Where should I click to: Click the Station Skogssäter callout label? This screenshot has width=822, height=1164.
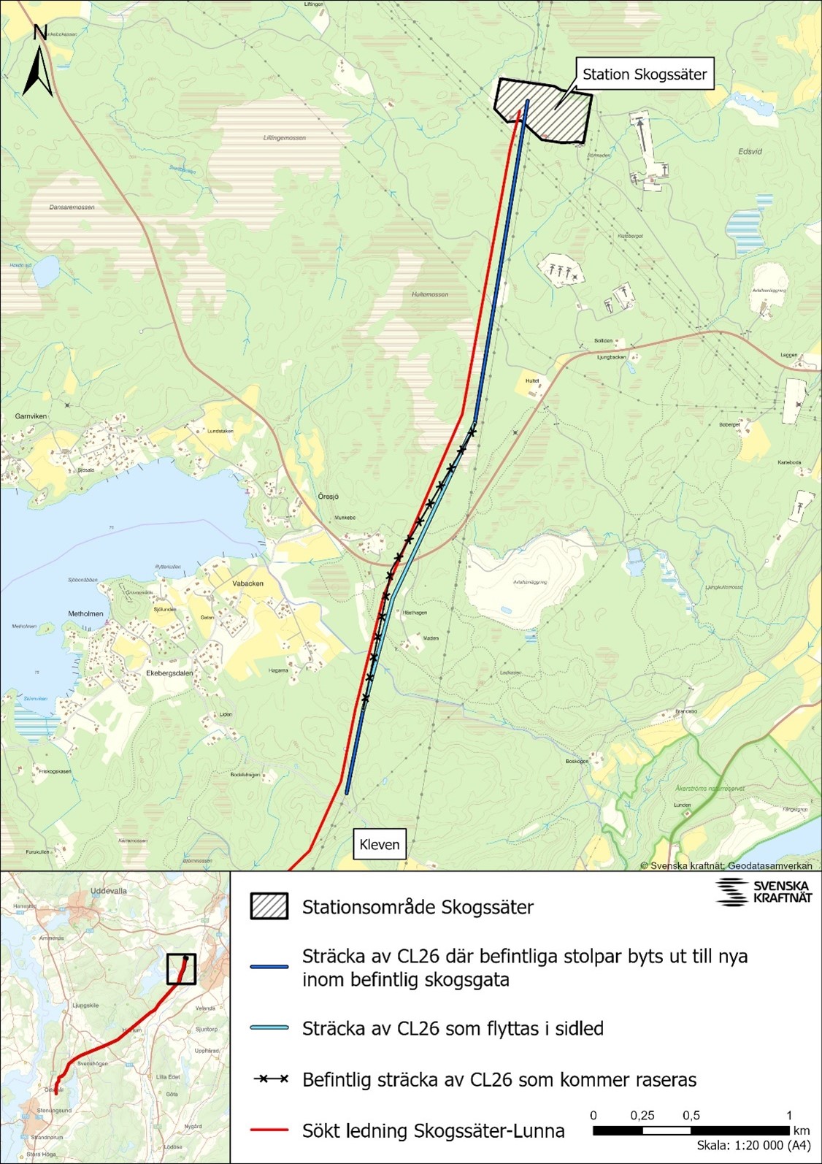pyautogui.click(x=645, y=74)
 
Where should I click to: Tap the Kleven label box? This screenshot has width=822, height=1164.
pyautogui.click(x=380, y=844)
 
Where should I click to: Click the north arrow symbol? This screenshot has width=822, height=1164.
pyautogui.click(x=39, y=64)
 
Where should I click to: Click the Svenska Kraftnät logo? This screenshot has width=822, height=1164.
pyautogui.click(x=763, y=892)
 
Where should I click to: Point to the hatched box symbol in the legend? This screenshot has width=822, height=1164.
pyautogui.click(x=269, y=906)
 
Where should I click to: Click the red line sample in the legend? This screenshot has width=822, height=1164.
pyautogui.click(x=269, y=1130)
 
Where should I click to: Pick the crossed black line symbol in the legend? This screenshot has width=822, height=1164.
pyautogui.click(x=269, y=1079)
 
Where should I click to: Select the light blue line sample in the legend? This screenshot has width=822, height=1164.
pyautogui.click(x=269, y=1028)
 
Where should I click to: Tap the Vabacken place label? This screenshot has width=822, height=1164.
pyautogui.click(x=247, y=583)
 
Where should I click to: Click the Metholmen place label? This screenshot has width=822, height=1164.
pyautogui.click(x=86, y=614)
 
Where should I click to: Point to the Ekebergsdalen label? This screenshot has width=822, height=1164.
pyautogui.click(x=169, y=673)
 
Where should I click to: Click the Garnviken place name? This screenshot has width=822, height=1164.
pyautogui.click(x=31, y=416)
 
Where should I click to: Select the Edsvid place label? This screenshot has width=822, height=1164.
pyautogui.click(x=750, y=152)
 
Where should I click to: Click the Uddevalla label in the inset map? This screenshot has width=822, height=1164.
pyautogui.click(x=109, y=892)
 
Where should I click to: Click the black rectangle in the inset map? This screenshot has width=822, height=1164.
pyautogui.click(x=181, y=970)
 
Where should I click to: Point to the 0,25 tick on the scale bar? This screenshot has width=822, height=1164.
pyautogui.click(x=642, y=1116)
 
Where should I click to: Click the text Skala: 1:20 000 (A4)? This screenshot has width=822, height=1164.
pyautogui.click(x=754, y=1146)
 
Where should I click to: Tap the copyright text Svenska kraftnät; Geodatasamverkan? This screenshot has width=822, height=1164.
pyautogui.click(x=726, y=865)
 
